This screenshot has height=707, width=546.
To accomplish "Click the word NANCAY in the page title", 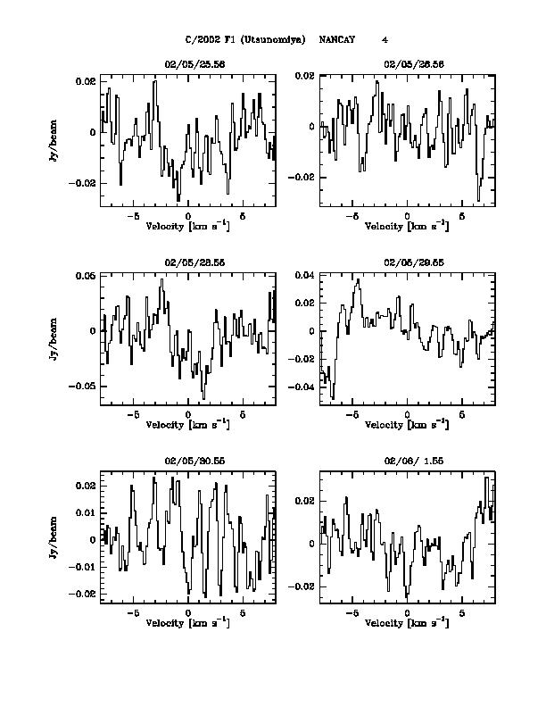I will click(x=337, y=39).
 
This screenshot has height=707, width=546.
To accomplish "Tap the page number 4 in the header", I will click(x=385, y=39).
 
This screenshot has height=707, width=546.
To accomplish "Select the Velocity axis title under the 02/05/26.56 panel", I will click(x=407, y=228).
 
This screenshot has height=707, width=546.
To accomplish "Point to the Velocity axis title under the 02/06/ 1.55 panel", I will click(x=407, y=622).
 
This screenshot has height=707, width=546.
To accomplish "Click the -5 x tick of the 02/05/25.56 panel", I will click(x=133, y=216).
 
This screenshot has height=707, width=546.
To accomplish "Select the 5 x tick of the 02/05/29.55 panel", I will click(x=462, y=414).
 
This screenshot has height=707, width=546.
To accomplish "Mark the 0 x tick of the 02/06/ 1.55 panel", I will click(x=407, y=612).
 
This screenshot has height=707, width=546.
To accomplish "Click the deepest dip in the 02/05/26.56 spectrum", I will click(x=479, y=198).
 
